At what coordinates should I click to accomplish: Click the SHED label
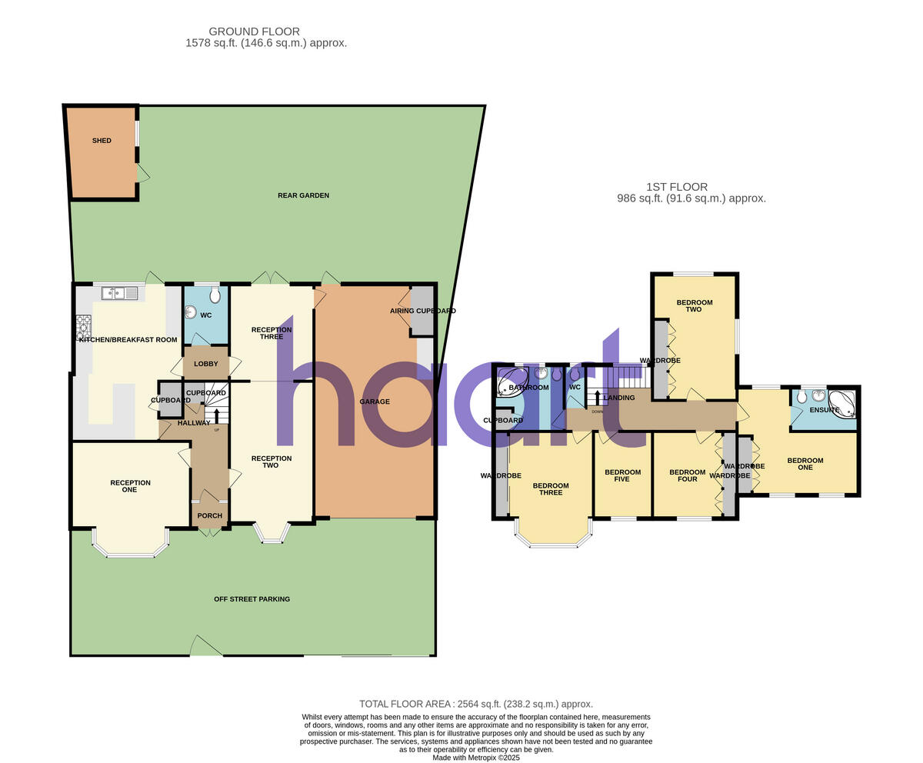pos(102,141)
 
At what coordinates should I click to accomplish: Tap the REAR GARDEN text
pos(303,195)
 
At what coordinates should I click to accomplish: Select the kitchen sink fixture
pos(119,292)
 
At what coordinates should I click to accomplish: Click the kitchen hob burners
pos(83,327)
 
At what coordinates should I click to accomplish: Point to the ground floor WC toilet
pos(215,295)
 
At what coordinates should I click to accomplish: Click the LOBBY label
pos(205,364)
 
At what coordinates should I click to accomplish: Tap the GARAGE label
pos(375,401)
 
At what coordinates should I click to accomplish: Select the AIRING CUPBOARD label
pos(423,311)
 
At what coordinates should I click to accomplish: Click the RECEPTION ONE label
pos(130,486)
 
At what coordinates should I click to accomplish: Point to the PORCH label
pos(209,516)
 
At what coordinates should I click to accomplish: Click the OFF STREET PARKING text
pos(252,599)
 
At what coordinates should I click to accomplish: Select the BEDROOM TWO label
pos(694,305)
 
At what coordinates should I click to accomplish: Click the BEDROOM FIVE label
pos(622,475)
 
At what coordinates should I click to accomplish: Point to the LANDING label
pos(619,398)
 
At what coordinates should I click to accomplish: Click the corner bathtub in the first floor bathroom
pos(511,382)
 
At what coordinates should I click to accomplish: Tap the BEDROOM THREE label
pos(551,488)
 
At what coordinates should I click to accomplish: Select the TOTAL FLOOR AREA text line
pos(476,704)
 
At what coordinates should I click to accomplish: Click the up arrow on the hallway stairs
pos(216,415)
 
